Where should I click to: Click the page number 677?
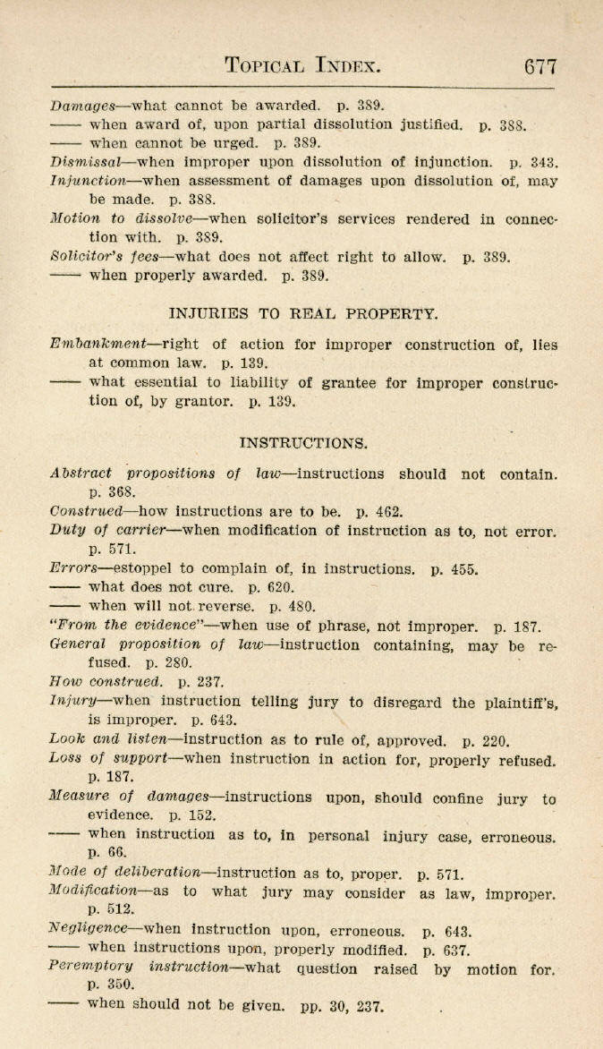point(541,65)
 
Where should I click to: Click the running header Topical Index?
point(303,65)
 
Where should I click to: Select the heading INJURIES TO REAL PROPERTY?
point(303,313)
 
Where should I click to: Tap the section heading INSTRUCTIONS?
point(303,442)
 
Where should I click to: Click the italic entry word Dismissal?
point(86,162)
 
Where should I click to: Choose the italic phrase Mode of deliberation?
point(125,874)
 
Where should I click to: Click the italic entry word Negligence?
point(89,930)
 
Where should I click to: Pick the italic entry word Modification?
point(93,892)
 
